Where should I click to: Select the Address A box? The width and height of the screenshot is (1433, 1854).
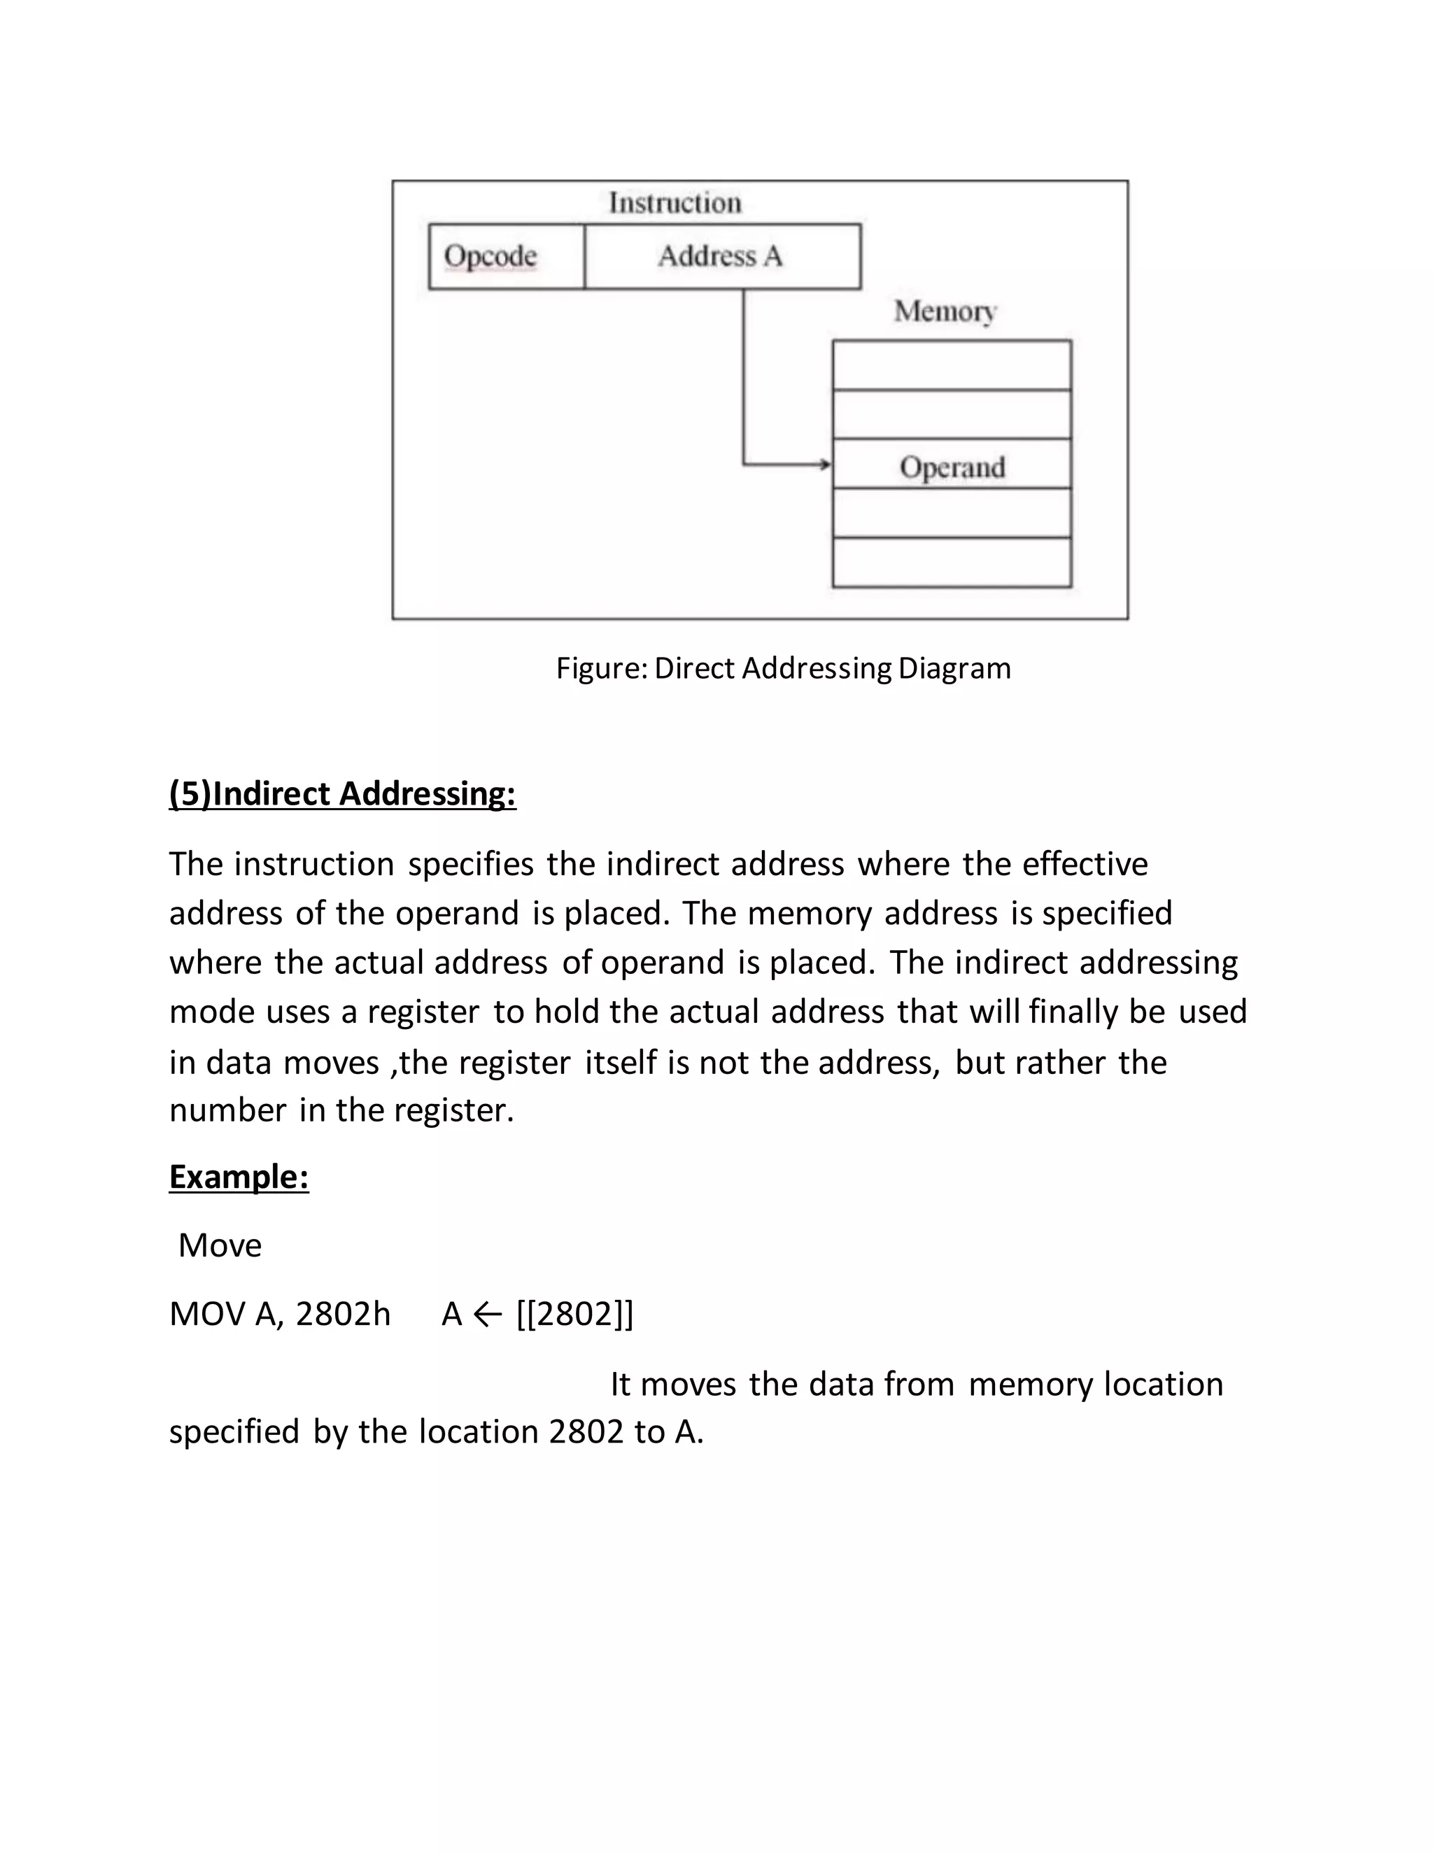pyautogui.click(x=721, y=256)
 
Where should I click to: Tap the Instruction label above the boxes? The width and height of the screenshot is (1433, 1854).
pyautogui.click(x=675, y=203)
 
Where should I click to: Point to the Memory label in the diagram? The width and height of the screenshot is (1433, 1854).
pyautogui.click(x=944, y=311)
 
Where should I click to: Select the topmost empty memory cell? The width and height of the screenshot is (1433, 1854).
pyautogui.click(x=952, y=366)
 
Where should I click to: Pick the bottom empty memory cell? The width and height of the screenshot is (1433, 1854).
pyautogui.click(x=952, y=562)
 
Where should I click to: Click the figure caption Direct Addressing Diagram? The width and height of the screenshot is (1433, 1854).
pyautogui.click(x=783, y=668)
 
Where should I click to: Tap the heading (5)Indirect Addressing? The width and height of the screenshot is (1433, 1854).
pyautogui.click(x=342, y=794)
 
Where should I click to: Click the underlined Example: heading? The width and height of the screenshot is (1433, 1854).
pyautogui.click(x=239, y=1177)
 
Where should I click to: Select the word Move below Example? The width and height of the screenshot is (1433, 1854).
pyautogui.click(x=220, y=1245)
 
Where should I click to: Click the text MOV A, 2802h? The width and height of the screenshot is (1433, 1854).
pyautogui.click(x=279, y=1314)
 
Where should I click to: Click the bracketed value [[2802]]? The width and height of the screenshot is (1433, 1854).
pyautogui.click(x=574, y=1314)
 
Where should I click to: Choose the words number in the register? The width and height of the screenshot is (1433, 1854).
pyautogui.click(x=341, y=1110)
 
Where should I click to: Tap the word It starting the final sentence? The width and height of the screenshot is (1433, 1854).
pyautogui.click(x=620, y=1385)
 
